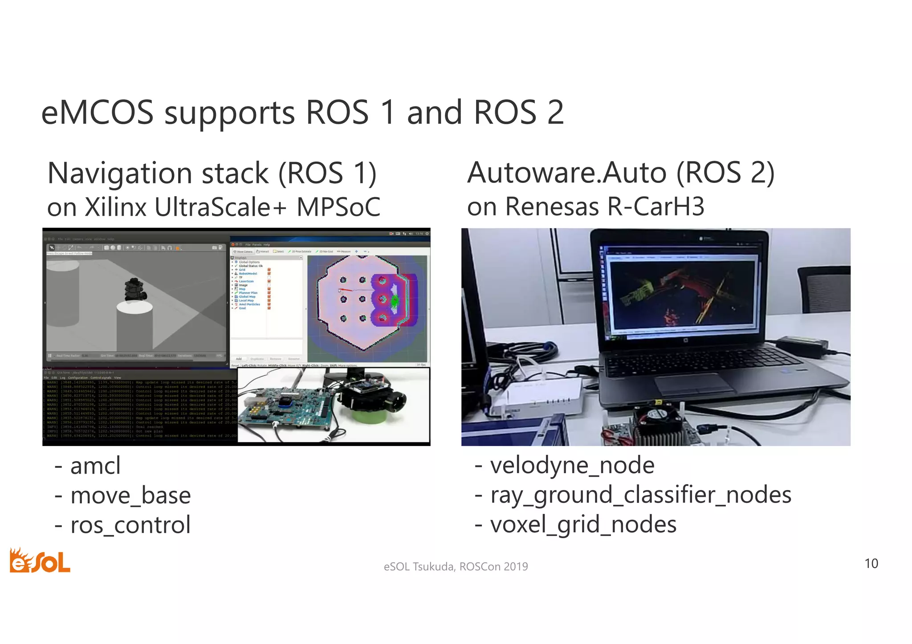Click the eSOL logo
pos(40,561)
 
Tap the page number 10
pos(871,563)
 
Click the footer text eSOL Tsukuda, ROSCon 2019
pos(456,567)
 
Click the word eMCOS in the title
pos(97,112)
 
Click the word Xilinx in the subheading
pos(115,207)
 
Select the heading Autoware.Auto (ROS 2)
pos(621,173)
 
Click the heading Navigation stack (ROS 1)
pos(212,173)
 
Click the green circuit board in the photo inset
pos(285,405)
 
